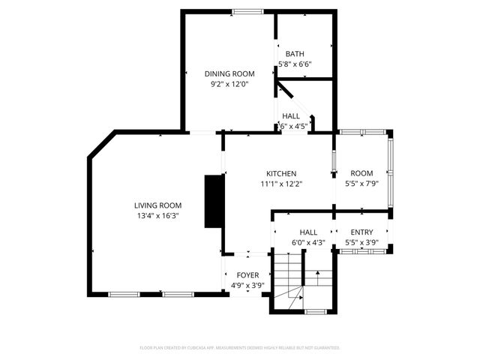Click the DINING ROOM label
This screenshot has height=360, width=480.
(x=229, y=73)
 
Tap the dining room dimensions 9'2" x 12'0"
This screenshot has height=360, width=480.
(x=229, y=84)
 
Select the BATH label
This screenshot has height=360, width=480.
(x=294, y=54)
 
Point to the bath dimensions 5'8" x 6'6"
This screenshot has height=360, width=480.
(x=294, y=64)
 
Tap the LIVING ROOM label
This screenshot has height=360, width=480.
(x=157, y=205)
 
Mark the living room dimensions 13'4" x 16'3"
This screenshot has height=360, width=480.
(x=157, y=216)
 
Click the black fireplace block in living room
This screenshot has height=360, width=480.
(x=214, y=200)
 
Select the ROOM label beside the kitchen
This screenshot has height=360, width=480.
(x=361, y=173)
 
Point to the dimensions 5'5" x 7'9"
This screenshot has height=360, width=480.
(x=361, y=184)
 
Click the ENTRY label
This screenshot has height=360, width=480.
(x=361, y=232)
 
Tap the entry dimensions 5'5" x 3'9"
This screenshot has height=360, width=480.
(x=361, y=242)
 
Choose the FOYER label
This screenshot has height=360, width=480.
(x=247, y=275)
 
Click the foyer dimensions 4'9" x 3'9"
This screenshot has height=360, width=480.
(x=247, y=285)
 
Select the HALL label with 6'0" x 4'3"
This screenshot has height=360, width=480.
(x=308, y=232)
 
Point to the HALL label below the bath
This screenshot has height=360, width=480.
(x=291, y=116)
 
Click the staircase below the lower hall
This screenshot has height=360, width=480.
(x=287, y=279)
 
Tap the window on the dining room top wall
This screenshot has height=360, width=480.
(x=247, y=10)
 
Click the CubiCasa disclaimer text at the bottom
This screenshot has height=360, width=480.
(x=240, y=348)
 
